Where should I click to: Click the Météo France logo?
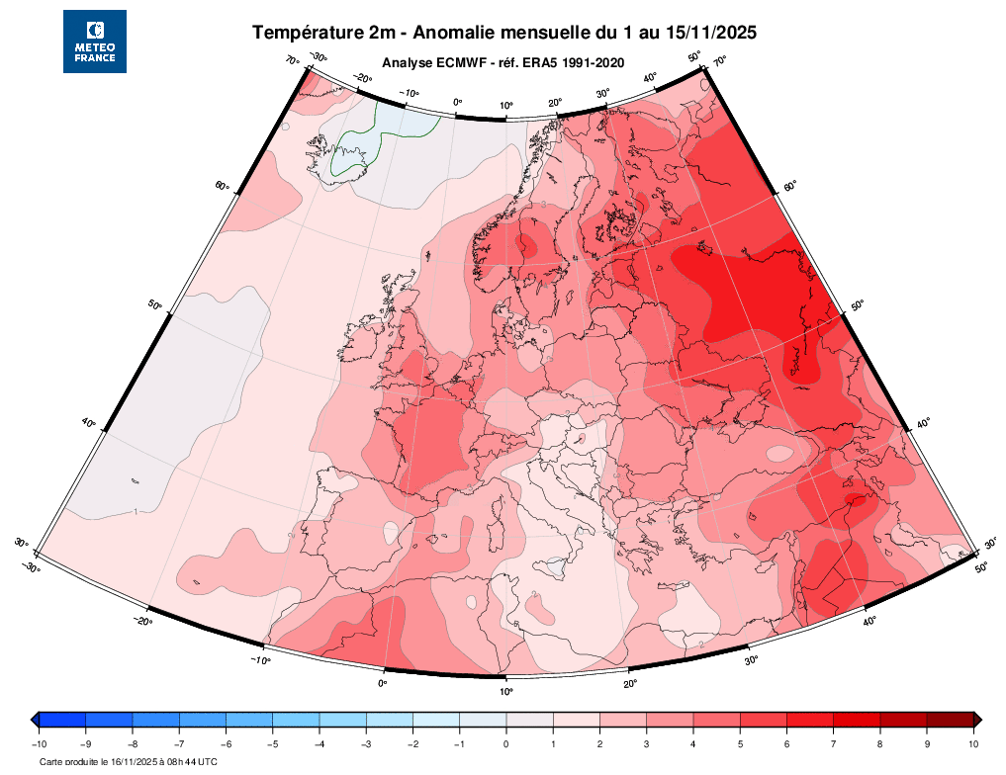coord(95,42)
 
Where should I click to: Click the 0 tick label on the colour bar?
coord(505,743)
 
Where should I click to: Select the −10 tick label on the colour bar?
coord(39,743)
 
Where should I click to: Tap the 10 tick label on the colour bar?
coord(973,743)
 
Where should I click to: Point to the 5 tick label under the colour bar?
coord(740,743)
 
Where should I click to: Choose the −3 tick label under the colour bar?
coord(365,743)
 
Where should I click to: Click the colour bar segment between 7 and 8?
coord(857,720)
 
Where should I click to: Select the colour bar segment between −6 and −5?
coord(248,720)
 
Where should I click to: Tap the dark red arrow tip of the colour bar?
coord(977,720)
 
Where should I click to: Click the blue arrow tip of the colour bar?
coord(35,720)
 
